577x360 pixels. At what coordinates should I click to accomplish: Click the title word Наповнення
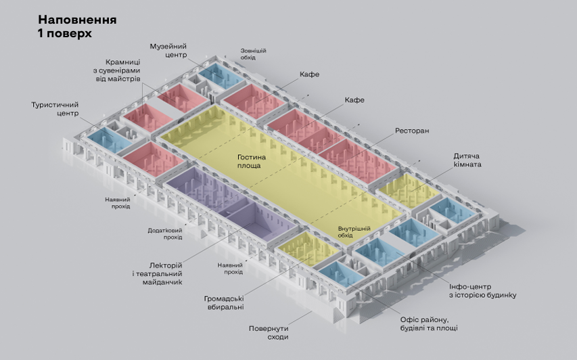[x=77, y=20]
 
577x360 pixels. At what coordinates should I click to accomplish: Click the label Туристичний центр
[x=55, y=108]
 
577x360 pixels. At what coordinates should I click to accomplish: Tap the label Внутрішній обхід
[x=354, y=231]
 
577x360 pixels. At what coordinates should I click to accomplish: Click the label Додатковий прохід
[x=165, y=233]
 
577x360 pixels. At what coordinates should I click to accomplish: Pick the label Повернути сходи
[x=269, y=332]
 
